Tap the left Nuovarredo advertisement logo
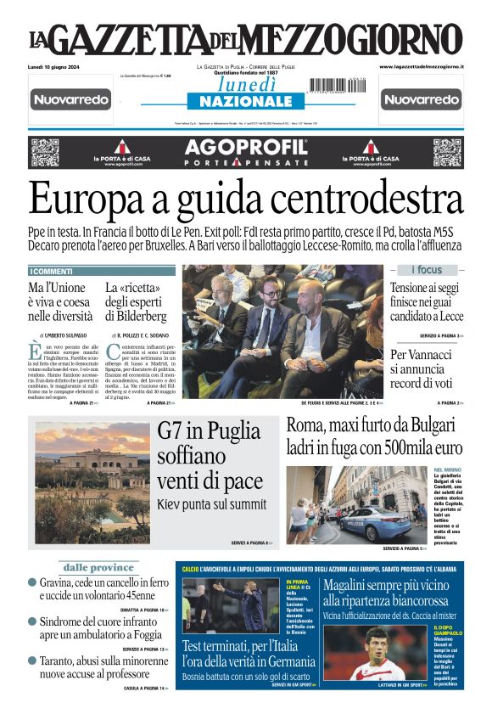tap(71, 100)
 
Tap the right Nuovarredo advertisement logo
tap(421, 100)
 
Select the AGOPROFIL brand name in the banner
tap(245, 149)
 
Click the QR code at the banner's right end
tap(446, 152)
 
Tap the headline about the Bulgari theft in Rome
tap(374, 436)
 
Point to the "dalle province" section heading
tap(99, 567)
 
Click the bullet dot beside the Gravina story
tap(32, 583)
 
